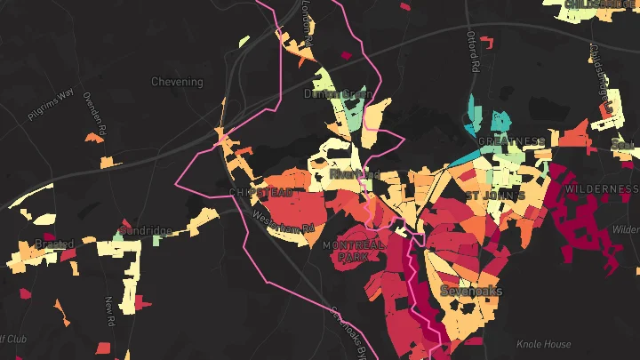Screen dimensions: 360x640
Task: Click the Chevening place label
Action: (177, 82)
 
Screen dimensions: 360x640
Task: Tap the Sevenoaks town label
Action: (471, 292)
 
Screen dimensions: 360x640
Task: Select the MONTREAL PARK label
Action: (353, 250)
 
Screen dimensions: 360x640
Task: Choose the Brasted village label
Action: (53, 244)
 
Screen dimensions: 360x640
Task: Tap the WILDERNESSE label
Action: (603, 189)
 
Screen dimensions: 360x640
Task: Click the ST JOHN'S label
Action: (495, 195)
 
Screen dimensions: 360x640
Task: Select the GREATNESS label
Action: (511, 141)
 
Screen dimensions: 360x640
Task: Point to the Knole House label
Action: (543, 343)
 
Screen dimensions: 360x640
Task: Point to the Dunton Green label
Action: (337, 92)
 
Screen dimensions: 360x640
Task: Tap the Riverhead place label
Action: (354, 174)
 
